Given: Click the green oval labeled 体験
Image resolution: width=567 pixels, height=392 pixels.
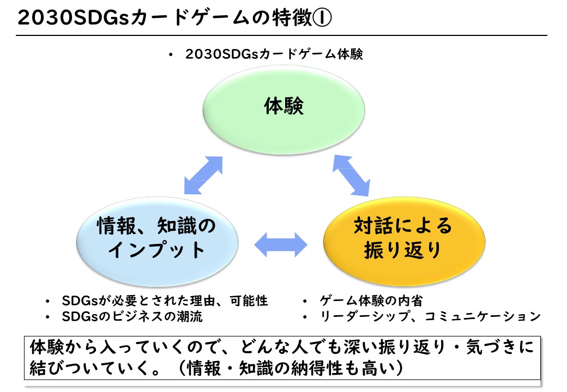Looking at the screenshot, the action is pyautogui.click(x=283, y=110).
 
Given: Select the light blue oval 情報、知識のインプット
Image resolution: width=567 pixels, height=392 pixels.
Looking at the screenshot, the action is pyautogui.click(x=158, y=241).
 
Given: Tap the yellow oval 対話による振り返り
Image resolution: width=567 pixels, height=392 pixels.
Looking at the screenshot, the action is pyautogui.click(x=404, y=241).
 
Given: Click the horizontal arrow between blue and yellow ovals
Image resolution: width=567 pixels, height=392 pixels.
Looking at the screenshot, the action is pyautogui.click(x=281, y=245).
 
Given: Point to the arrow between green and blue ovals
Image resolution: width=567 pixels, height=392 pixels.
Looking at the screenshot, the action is pyautogui.click(x=203, y=175).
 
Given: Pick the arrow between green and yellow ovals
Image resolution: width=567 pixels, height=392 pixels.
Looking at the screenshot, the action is pyautogui.click(x=351, y=175).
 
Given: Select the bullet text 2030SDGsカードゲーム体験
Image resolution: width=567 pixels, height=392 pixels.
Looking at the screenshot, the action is pyautogui.click(x=274, y=54).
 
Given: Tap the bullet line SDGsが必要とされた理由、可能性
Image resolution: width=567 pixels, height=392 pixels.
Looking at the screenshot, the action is pyautogui.click(x=165, y=301).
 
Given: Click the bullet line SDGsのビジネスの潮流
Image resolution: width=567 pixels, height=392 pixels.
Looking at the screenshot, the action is pyautogui.click(x=132, y=316).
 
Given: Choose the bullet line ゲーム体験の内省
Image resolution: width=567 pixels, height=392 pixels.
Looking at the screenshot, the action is pyautogui.click(x=371, y=301).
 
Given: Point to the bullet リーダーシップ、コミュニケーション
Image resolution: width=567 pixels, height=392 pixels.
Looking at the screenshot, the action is pyautogui.click(x=430, y=316).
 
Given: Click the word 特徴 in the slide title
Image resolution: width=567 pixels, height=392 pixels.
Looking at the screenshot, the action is pyautogui.click(x=292, y=17).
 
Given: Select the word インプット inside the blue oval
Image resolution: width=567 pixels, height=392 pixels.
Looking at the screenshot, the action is pyautogui.click(x=157, y=250).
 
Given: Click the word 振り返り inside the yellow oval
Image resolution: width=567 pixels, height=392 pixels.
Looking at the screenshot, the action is pyautogui.click(x=403, y=250).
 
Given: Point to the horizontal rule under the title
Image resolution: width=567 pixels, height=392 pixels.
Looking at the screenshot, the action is pyautogui.click(x=281, y=35).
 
